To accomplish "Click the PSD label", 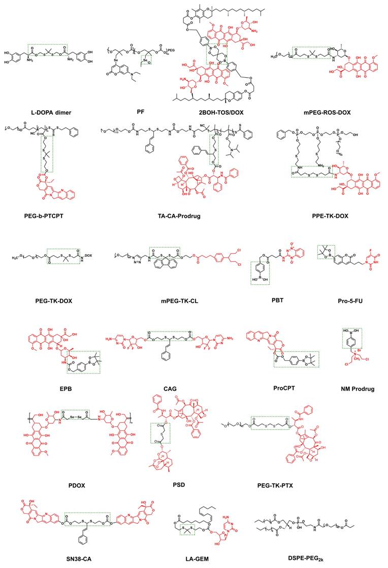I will point(178,484).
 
